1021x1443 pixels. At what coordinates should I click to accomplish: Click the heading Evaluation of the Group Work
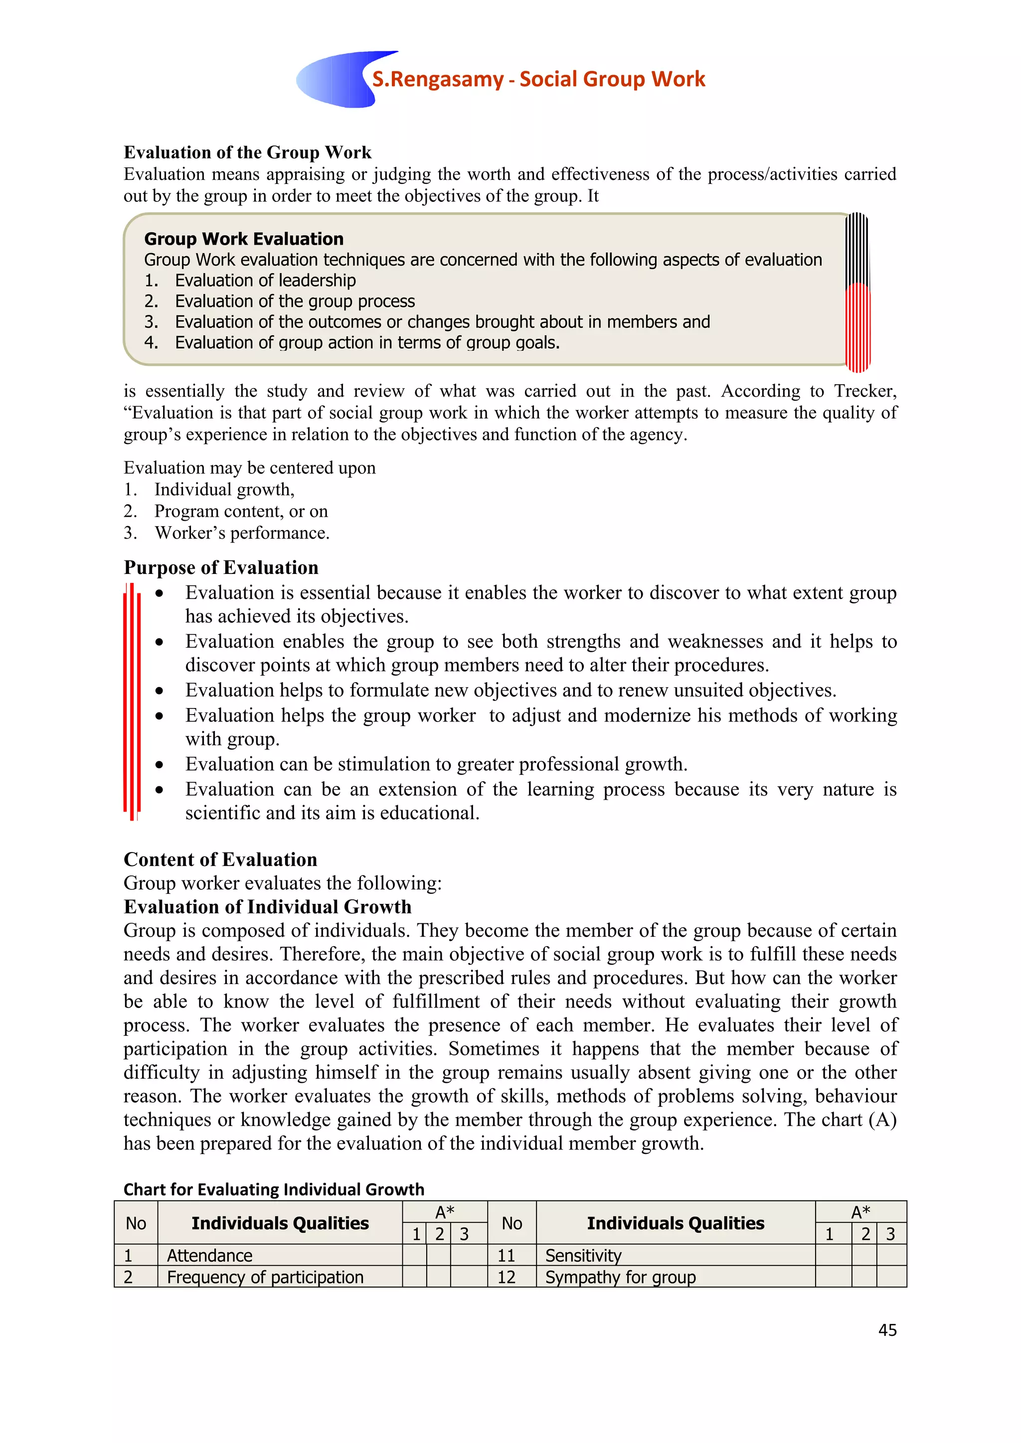click(247, 153)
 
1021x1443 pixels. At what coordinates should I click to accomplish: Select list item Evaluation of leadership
click(265, 281)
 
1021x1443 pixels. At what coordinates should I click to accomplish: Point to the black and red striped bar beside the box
click(857, 292)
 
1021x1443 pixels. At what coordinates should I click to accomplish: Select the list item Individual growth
click(224, 490)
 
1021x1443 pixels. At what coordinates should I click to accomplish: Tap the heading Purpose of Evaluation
click(221, 568)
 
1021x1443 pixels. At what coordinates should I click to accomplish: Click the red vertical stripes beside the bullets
click(132, 701)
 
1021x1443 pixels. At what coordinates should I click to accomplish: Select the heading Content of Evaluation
click(220, 859)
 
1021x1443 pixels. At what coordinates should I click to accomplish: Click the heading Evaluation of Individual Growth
click(267, 907)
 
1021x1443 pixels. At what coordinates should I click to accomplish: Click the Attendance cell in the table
click(210, 1255)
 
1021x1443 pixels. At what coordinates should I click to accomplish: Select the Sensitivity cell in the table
click(583, 1255)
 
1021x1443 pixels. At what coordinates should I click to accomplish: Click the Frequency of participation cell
click(265, 1277)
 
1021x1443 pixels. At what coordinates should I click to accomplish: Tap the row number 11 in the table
click(506, 1255)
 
